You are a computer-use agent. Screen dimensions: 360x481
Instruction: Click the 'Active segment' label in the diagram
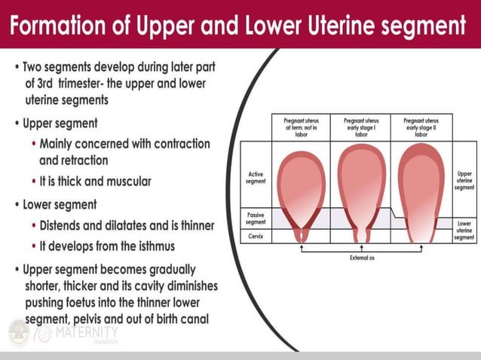[x=255, y=178]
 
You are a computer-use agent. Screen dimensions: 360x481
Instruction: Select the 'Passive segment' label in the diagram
[x=255, y=218]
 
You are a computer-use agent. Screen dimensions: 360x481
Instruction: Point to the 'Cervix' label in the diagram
[x=255, y=236]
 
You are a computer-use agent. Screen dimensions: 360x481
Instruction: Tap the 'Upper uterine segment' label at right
[x=464, y=180]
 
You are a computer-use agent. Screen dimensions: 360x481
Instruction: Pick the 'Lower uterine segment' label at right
[x=464, y=230]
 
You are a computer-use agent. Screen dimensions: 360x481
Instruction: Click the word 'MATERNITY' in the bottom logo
[x=87, y=333]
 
